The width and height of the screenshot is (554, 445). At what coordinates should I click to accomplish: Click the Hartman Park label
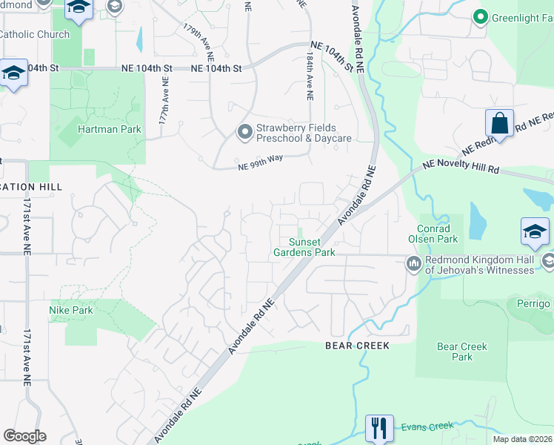click(109, 129)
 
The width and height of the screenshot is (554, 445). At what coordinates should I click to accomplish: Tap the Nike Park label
click(71, 310)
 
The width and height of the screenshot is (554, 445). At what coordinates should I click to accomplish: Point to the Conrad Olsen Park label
click(433, 234)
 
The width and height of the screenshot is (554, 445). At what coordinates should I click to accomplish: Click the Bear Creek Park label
click(462, 352)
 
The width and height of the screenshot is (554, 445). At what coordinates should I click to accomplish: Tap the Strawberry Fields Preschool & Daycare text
click(304, 133)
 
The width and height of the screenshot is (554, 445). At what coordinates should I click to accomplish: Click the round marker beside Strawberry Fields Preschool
click(245, 133)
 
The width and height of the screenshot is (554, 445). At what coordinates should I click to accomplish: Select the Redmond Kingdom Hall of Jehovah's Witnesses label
click(479, 265)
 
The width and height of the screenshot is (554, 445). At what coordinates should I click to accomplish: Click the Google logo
click(24, 436)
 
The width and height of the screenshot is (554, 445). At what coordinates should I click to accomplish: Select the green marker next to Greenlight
click(479, 16)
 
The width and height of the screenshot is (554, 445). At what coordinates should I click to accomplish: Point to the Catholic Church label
click(34, 34)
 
